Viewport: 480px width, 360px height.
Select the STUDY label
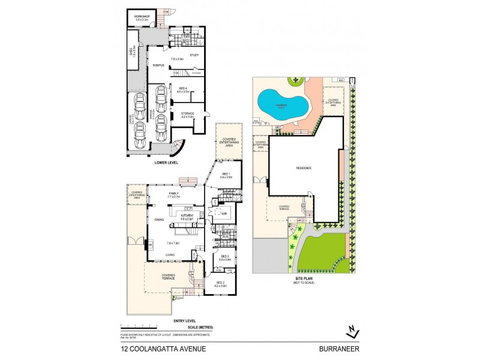pos(194,55)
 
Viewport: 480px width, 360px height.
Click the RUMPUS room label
pos(158,65)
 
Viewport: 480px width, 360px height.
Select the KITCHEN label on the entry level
pos(187,215)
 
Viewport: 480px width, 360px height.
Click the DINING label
pos(159,220)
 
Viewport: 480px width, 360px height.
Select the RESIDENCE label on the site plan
pos(304,168)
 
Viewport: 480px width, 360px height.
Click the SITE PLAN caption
pos(303,278)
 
